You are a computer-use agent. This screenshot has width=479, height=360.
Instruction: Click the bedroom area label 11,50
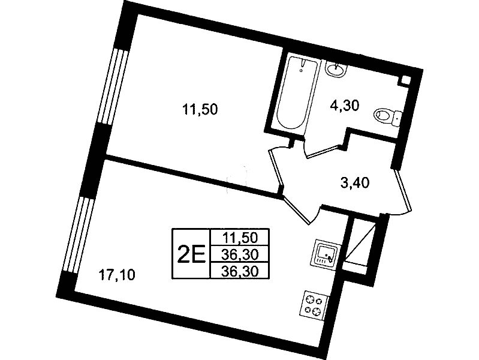pos(200,109)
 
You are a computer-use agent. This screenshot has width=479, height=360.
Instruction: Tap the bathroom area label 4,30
pos(344,106)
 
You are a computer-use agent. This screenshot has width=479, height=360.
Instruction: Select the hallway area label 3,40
pos(355,183)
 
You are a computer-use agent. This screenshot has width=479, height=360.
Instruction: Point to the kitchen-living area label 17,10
pos(116,275)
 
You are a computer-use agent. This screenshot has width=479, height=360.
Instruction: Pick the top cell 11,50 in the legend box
pos(240,237)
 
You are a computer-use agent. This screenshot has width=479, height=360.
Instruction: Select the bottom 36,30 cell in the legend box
pos(240,271)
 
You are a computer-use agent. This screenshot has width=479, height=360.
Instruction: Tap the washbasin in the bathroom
pos(336,68)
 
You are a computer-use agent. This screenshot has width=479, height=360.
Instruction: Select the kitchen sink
pos(325,253)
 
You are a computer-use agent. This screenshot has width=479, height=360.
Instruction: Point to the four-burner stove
pos(314,305)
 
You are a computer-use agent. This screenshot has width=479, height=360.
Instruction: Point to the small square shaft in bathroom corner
pos(405,80)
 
